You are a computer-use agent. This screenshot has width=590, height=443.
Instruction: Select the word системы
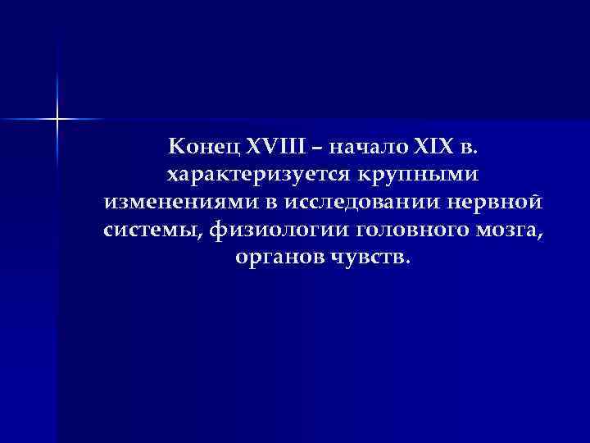click(152, 231)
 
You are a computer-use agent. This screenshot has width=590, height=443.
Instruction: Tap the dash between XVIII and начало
click(317, 148)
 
